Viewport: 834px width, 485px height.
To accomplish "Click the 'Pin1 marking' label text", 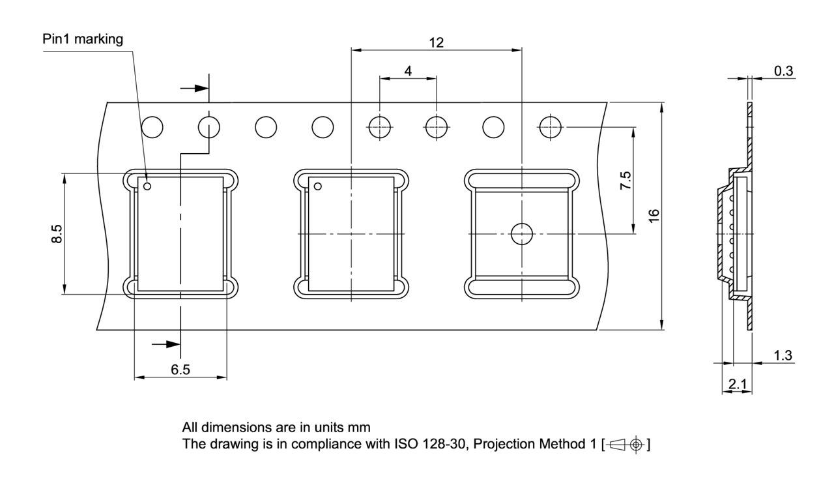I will coord(83,39).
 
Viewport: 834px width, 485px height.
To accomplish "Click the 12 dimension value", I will coord(436,42).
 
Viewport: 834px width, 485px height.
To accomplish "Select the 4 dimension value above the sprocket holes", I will coord(408,70).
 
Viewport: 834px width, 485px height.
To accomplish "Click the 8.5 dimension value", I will coord(57,234).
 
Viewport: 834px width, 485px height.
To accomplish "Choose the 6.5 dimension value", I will coord(180,370).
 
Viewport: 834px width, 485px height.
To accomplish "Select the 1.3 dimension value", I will coord(783,355).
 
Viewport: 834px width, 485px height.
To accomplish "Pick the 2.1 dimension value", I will coord(738,385).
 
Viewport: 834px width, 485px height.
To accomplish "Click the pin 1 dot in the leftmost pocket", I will coord(148,187).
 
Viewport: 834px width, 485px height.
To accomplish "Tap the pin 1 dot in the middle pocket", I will coord(319,187).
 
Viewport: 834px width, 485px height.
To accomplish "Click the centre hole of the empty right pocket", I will coord(521,233).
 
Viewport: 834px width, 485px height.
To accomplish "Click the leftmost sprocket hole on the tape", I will coord(152,126).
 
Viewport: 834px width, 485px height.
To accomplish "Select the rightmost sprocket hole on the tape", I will coord(551,126).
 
